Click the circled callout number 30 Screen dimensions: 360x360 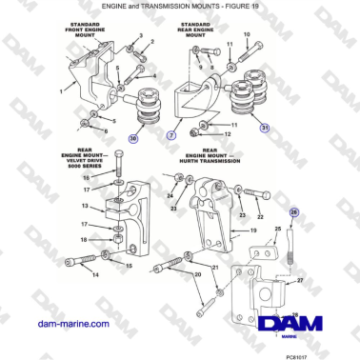click(x=133, y=139)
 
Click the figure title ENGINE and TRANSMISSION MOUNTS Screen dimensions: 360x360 click(x=180, y=6)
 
